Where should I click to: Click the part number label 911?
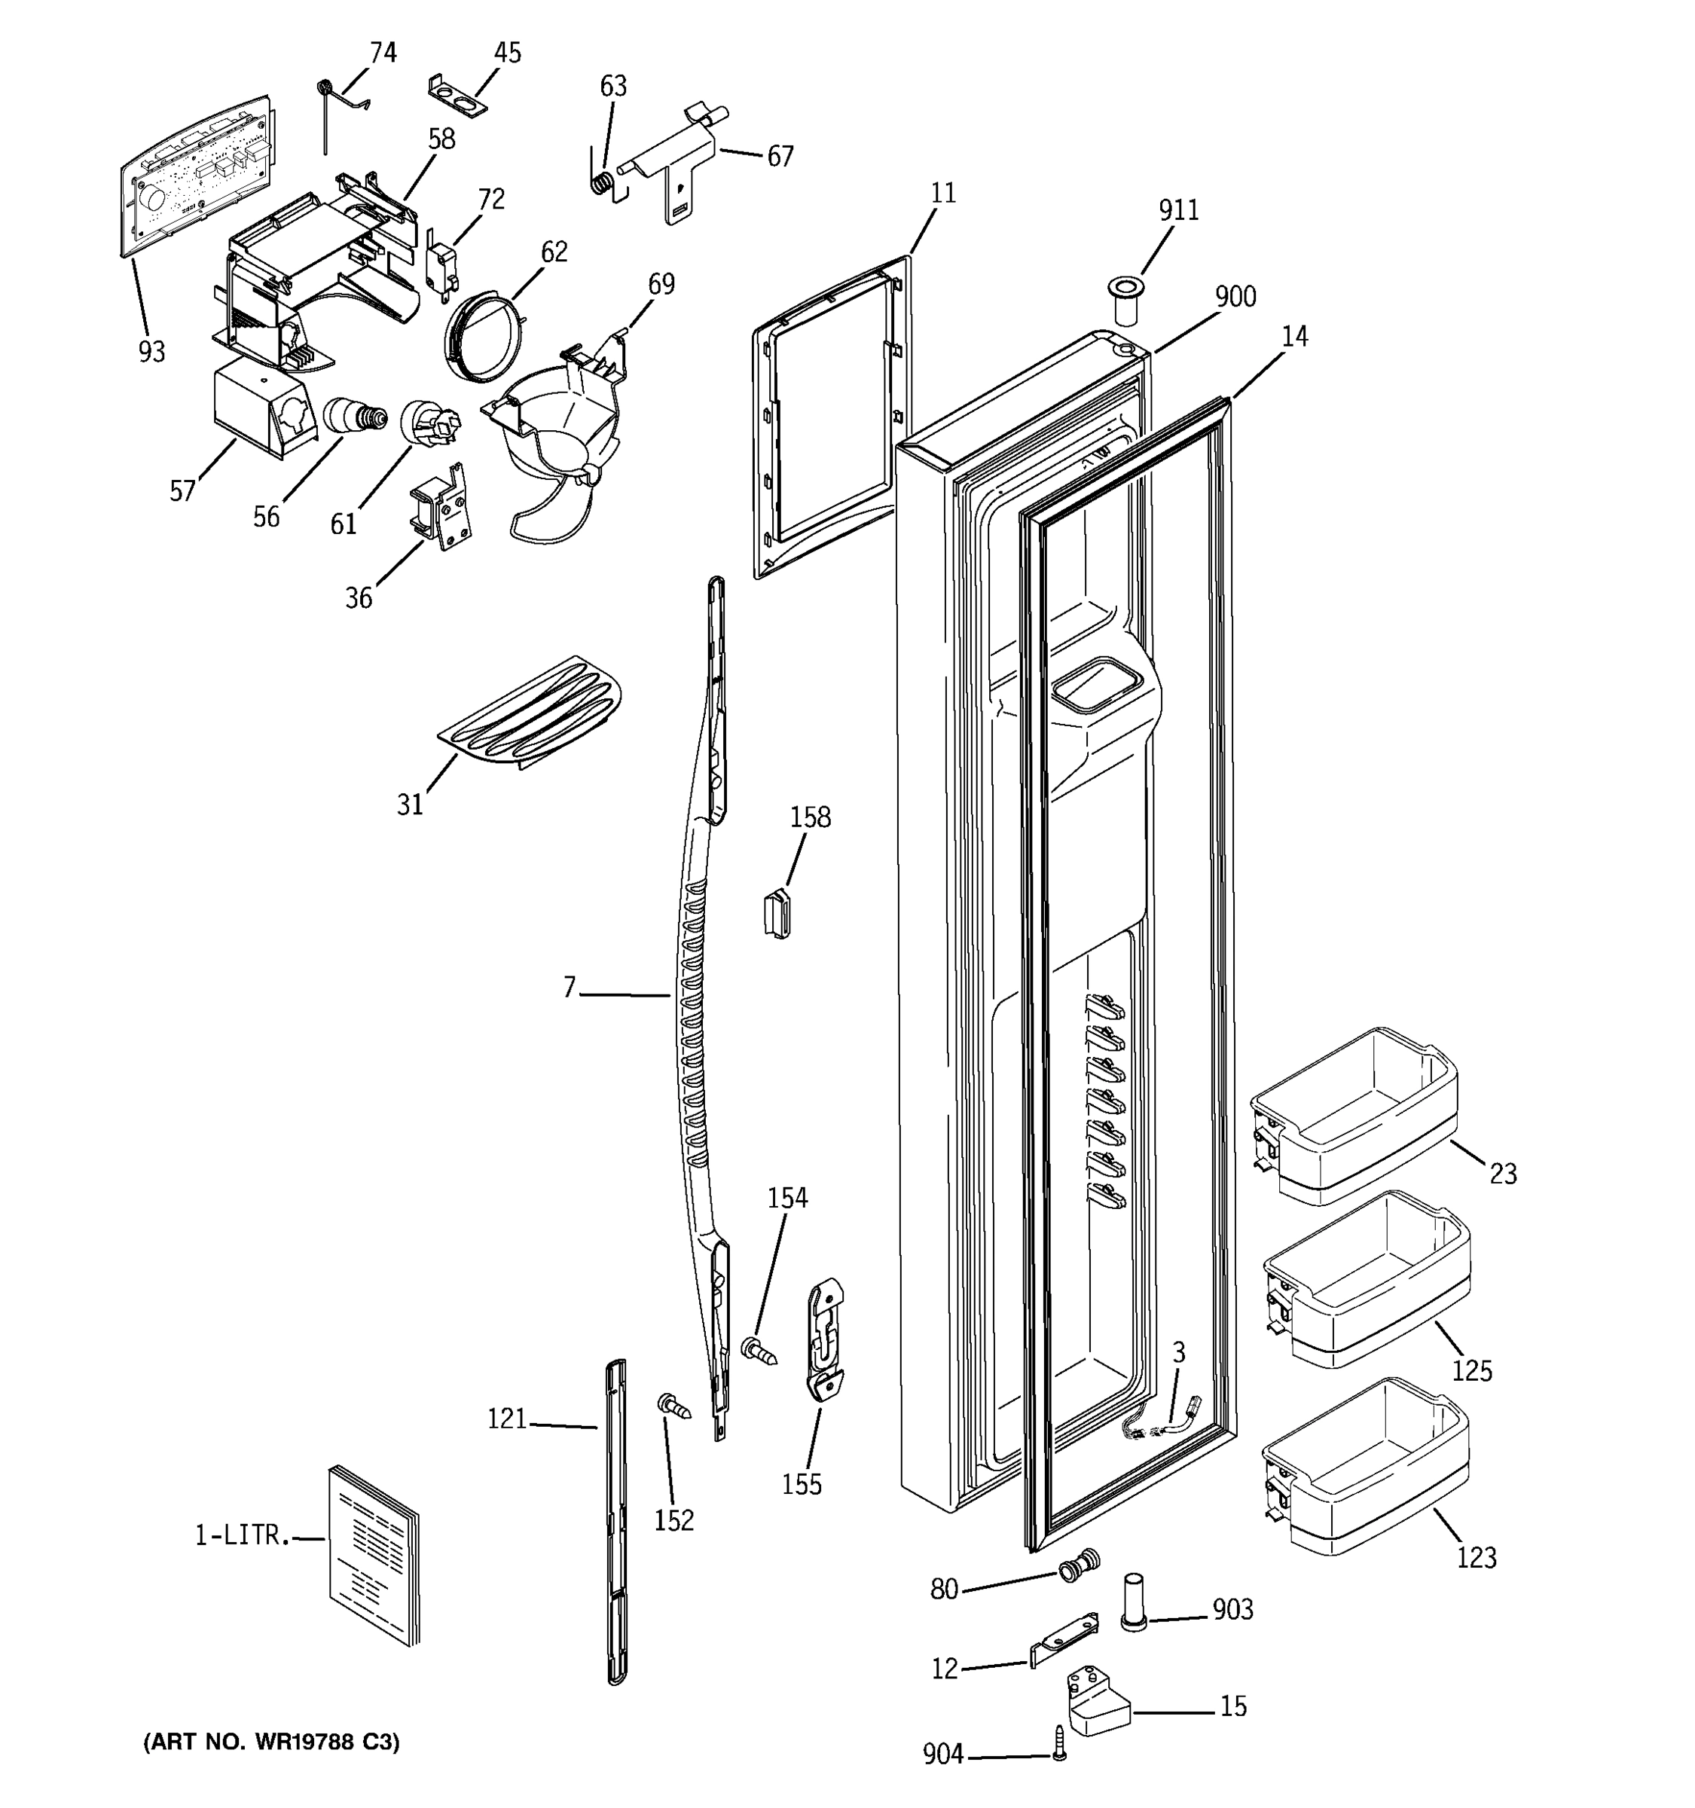point(1177,211)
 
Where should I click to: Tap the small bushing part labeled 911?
point(1125,303)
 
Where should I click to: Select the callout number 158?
point(809,817)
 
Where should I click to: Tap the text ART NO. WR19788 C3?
point(271,1742)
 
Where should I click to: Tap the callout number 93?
point(152,351)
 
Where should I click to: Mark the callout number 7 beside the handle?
point(570,988)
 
